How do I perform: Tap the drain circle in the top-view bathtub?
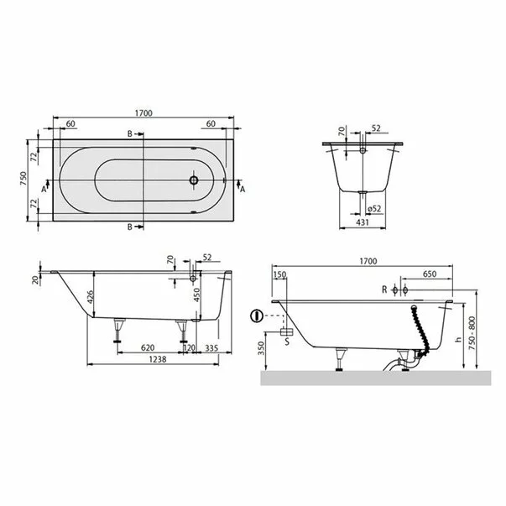coord(194,179)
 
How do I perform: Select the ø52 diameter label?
coord(375,209)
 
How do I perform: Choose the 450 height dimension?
coord(196,295)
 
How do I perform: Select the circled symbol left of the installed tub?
coord(256,317)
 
